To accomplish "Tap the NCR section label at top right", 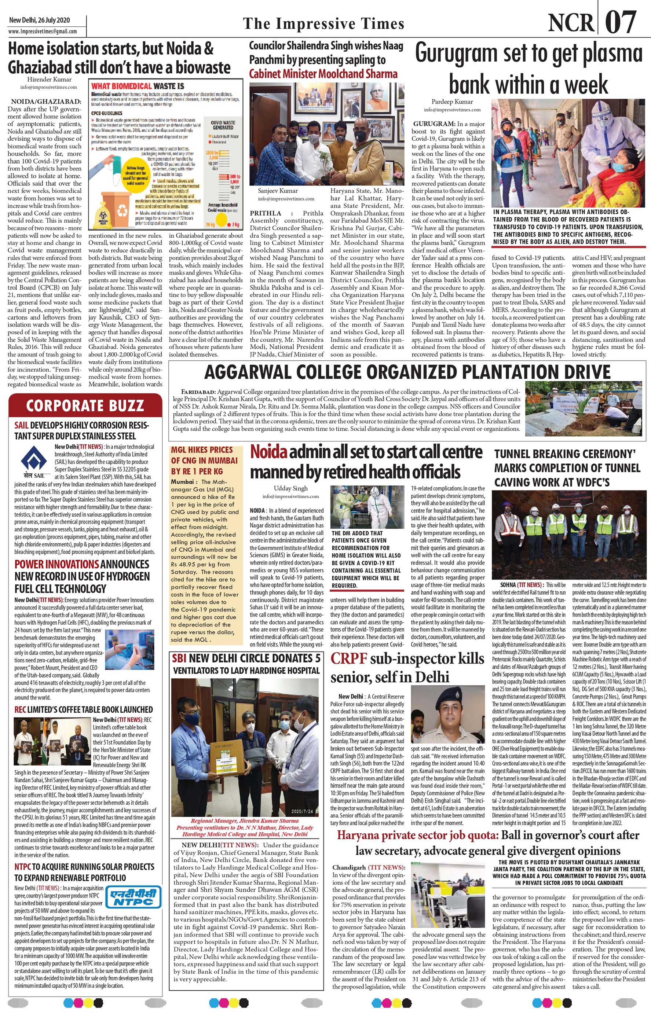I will coord(570,23).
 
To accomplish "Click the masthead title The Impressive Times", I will coord(323,24).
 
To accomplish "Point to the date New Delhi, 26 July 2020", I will coord(40,20).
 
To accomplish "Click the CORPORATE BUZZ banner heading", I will coord(85,406).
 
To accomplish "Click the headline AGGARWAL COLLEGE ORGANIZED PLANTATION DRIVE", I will coord(407,372).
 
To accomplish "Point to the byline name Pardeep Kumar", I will coord(452,102).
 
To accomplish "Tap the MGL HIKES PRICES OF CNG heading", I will coord(204,460).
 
